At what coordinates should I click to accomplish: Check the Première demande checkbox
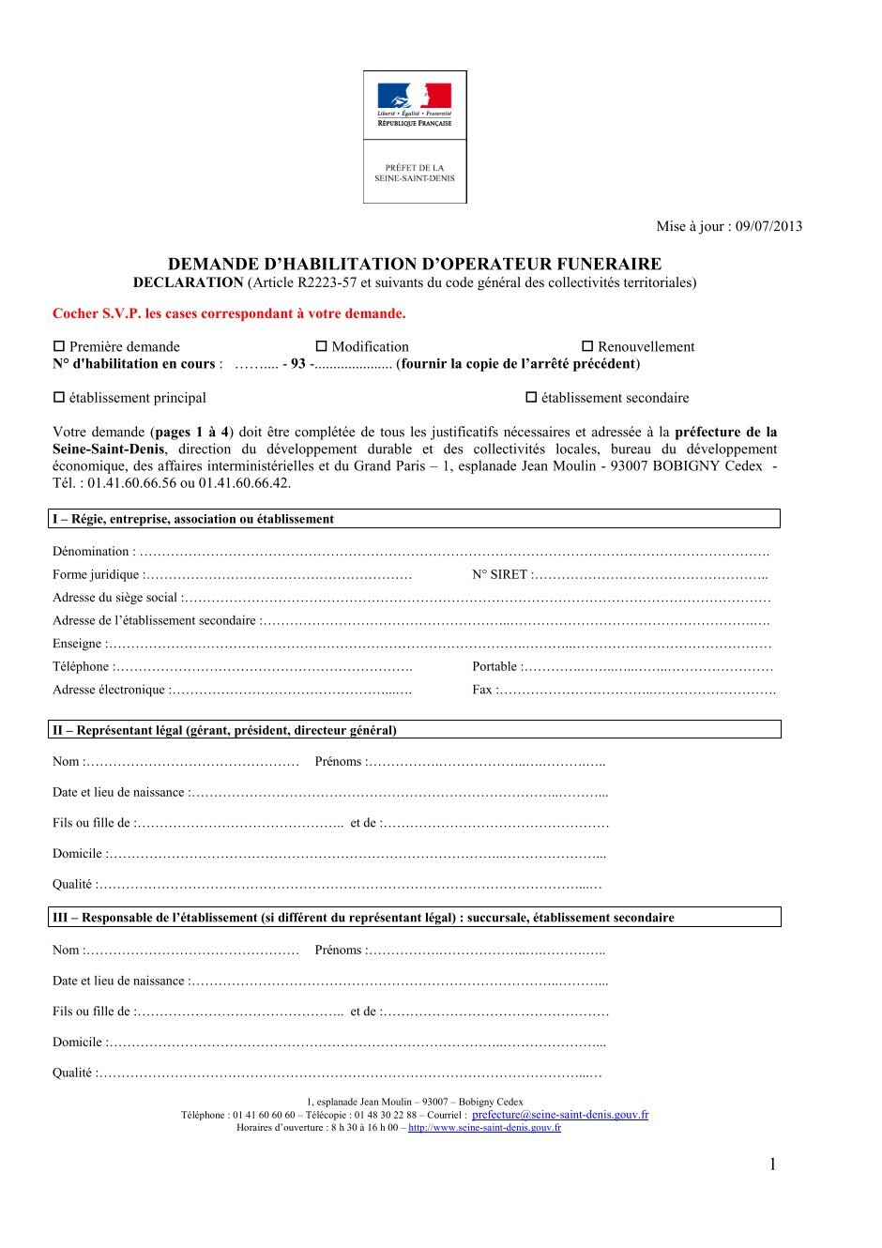click(59, 346)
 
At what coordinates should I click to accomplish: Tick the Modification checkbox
click(321, 346)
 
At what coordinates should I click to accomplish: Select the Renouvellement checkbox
click(587, 346)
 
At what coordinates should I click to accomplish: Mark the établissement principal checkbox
click(59, 397)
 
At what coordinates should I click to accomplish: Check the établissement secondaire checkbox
click(531, 397)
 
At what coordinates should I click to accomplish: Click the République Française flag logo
click(415, 96)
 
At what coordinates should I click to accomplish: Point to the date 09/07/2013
click(768, 226)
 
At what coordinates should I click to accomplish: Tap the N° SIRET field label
click(499, 575)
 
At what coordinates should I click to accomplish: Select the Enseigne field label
click(77, 644)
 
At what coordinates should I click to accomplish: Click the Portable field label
click(494, 667)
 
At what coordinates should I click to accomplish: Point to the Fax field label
click(482, 691)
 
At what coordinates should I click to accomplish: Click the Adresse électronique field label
click(109, 691)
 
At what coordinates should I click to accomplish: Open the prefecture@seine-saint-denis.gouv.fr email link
click(560, 1115)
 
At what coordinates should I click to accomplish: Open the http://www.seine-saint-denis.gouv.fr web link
click(484, 1128)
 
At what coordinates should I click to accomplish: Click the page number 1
click(772, 1164)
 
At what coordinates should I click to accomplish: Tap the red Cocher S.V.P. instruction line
click(229, 313)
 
